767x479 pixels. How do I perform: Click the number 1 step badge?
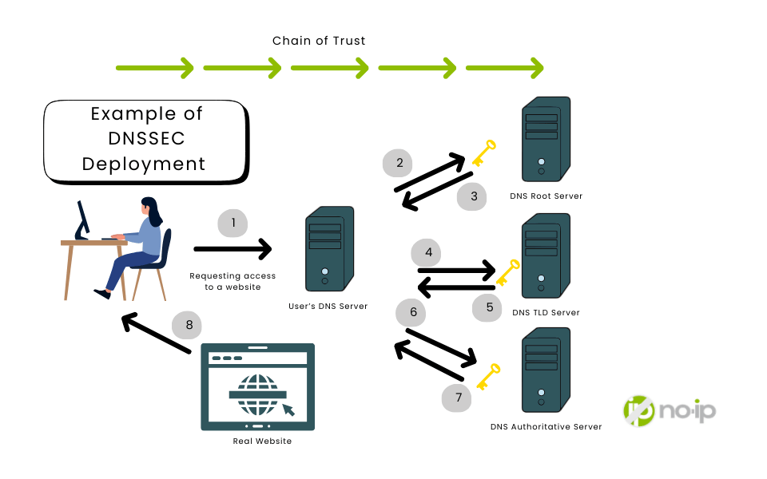[x=233, y=224]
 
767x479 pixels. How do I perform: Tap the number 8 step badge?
[x=189, y=325]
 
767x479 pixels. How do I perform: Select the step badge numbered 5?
[x=489, y=307]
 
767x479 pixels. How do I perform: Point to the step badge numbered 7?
[x=458, y=397]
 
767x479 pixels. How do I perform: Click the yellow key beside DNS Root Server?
[x=483, y=152]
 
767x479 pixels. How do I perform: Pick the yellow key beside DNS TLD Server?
[x=507, y=272]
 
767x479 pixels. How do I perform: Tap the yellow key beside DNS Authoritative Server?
[x=487, y=376]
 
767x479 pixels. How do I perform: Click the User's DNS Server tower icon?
[x=325, y=249]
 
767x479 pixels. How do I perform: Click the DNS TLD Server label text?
[x=546, y=312]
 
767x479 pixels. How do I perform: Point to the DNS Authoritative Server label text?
[x=546, y=427]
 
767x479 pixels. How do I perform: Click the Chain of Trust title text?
[x=319, y=41]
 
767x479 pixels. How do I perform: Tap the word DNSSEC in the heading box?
[x=146, y=139]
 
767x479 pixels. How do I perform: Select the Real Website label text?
[x=262, y=441]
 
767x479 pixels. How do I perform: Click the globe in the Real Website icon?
[x=257, y=394]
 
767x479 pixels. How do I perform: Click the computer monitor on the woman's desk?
[x=81, y=218]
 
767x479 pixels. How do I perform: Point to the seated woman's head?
[x=151, y=208]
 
